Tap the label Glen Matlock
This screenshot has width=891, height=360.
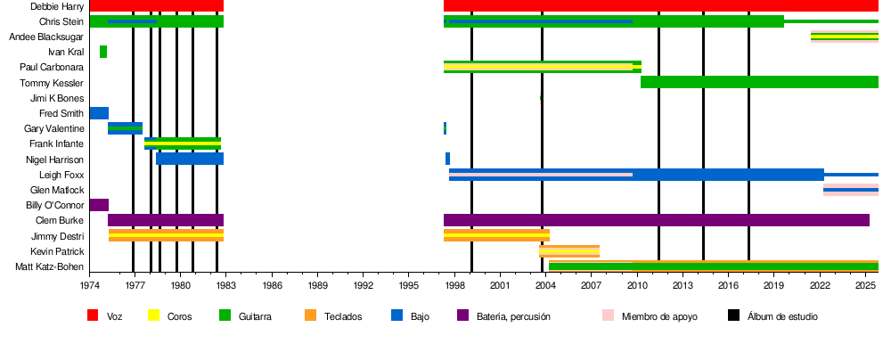coord(57,190)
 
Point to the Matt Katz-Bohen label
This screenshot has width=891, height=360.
coord(49,266)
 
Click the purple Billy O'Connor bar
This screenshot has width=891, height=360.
coord(99,205)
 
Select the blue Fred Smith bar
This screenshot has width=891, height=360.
coord(99,113)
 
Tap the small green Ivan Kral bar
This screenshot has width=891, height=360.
coord(103,52)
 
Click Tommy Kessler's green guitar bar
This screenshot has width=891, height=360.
coord(757,82)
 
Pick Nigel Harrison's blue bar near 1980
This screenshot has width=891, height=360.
coord(190,159)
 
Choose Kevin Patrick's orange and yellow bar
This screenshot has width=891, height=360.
coord(568,251)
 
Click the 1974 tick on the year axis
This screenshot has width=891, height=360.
coord(90,285)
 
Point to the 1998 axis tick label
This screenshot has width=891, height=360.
coord(455,285)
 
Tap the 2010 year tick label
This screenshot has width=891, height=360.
coord(637,285)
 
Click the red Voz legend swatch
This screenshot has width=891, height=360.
coord(93,315)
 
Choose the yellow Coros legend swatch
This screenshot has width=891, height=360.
coord(152,315)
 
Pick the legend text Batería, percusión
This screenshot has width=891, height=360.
coord(513,316)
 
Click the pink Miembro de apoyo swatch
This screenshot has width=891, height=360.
coord(608,315)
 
